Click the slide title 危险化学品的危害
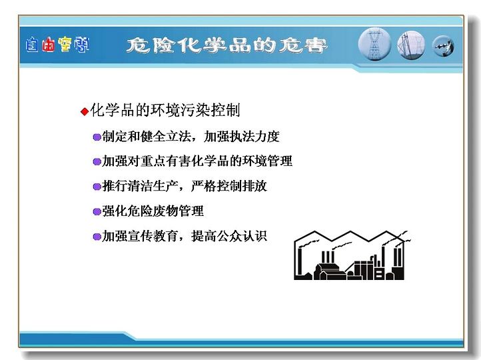[x=227, y=46]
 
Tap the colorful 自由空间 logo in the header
[x=58, y=45]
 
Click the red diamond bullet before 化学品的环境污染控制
[x=85, y=111]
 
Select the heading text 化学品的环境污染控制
[x=165, y=110]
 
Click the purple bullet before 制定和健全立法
[x=97, y=137]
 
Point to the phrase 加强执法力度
[x=242, y=136]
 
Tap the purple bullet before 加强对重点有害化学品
[x=97, y=161]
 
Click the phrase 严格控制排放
[x=229, y=186]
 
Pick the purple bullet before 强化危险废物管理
[x=97, y=211]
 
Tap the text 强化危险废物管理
[x=153, y=211]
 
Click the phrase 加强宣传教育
[x=140, y=236]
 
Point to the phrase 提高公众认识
[x=229, y=236]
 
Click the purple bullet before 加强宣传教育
[x=97, y=237]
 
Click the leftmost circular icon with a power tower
[x=374, y=44]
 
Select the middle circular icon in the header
[x=411, y=46]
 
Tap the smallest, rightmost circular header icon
[x=443, y=47]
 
